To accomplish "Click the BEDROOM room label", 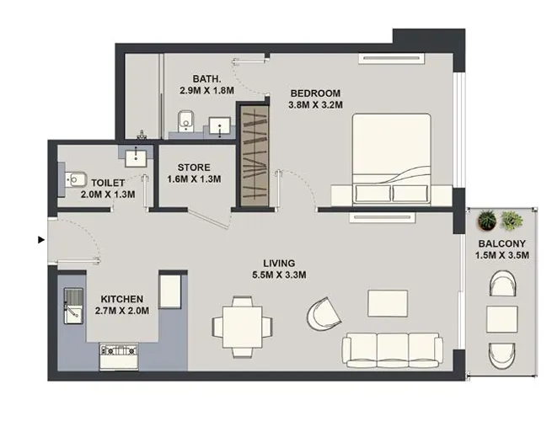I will point(315,93).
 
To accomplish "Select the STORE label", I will point(194,167).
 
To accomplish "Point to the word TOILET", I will point(108,182).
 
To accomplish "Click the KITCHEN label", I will point(122,299).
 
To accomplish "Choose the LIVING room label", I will point(278,262).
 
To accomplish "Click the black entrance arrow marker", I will point(40,240).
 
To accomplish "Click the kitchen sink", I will point(73,304).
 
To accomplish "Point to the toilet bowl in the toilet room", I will point(76,179).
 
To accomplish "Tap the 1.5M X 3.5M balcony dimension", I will point(501,256).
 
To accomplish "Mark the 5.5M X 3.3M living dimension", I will point(278,274).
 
